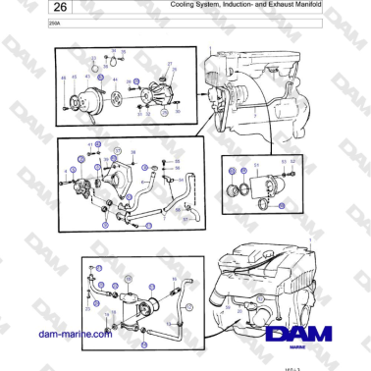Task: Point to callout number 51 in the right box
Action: click(x=257, y=164)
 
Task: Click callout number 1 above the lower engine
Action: click(x=309, y=239)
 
